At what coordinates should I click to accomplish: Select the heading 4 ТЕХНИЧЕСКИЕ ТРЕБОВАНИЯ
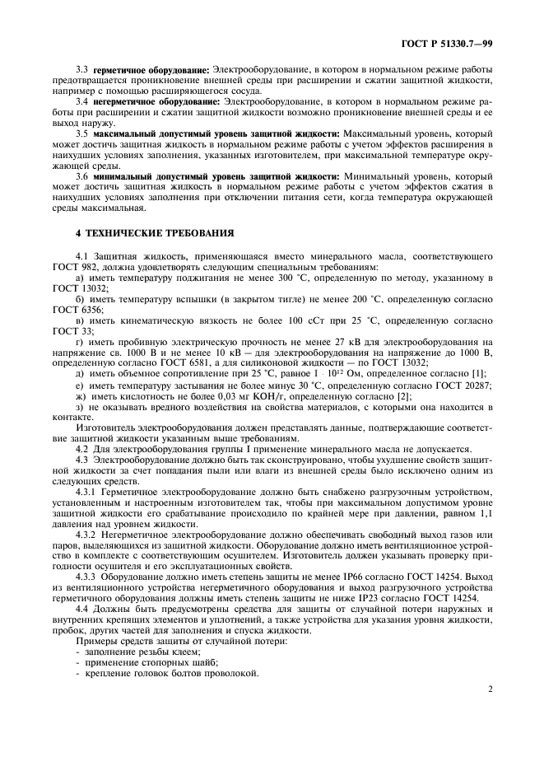[155, 232]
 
